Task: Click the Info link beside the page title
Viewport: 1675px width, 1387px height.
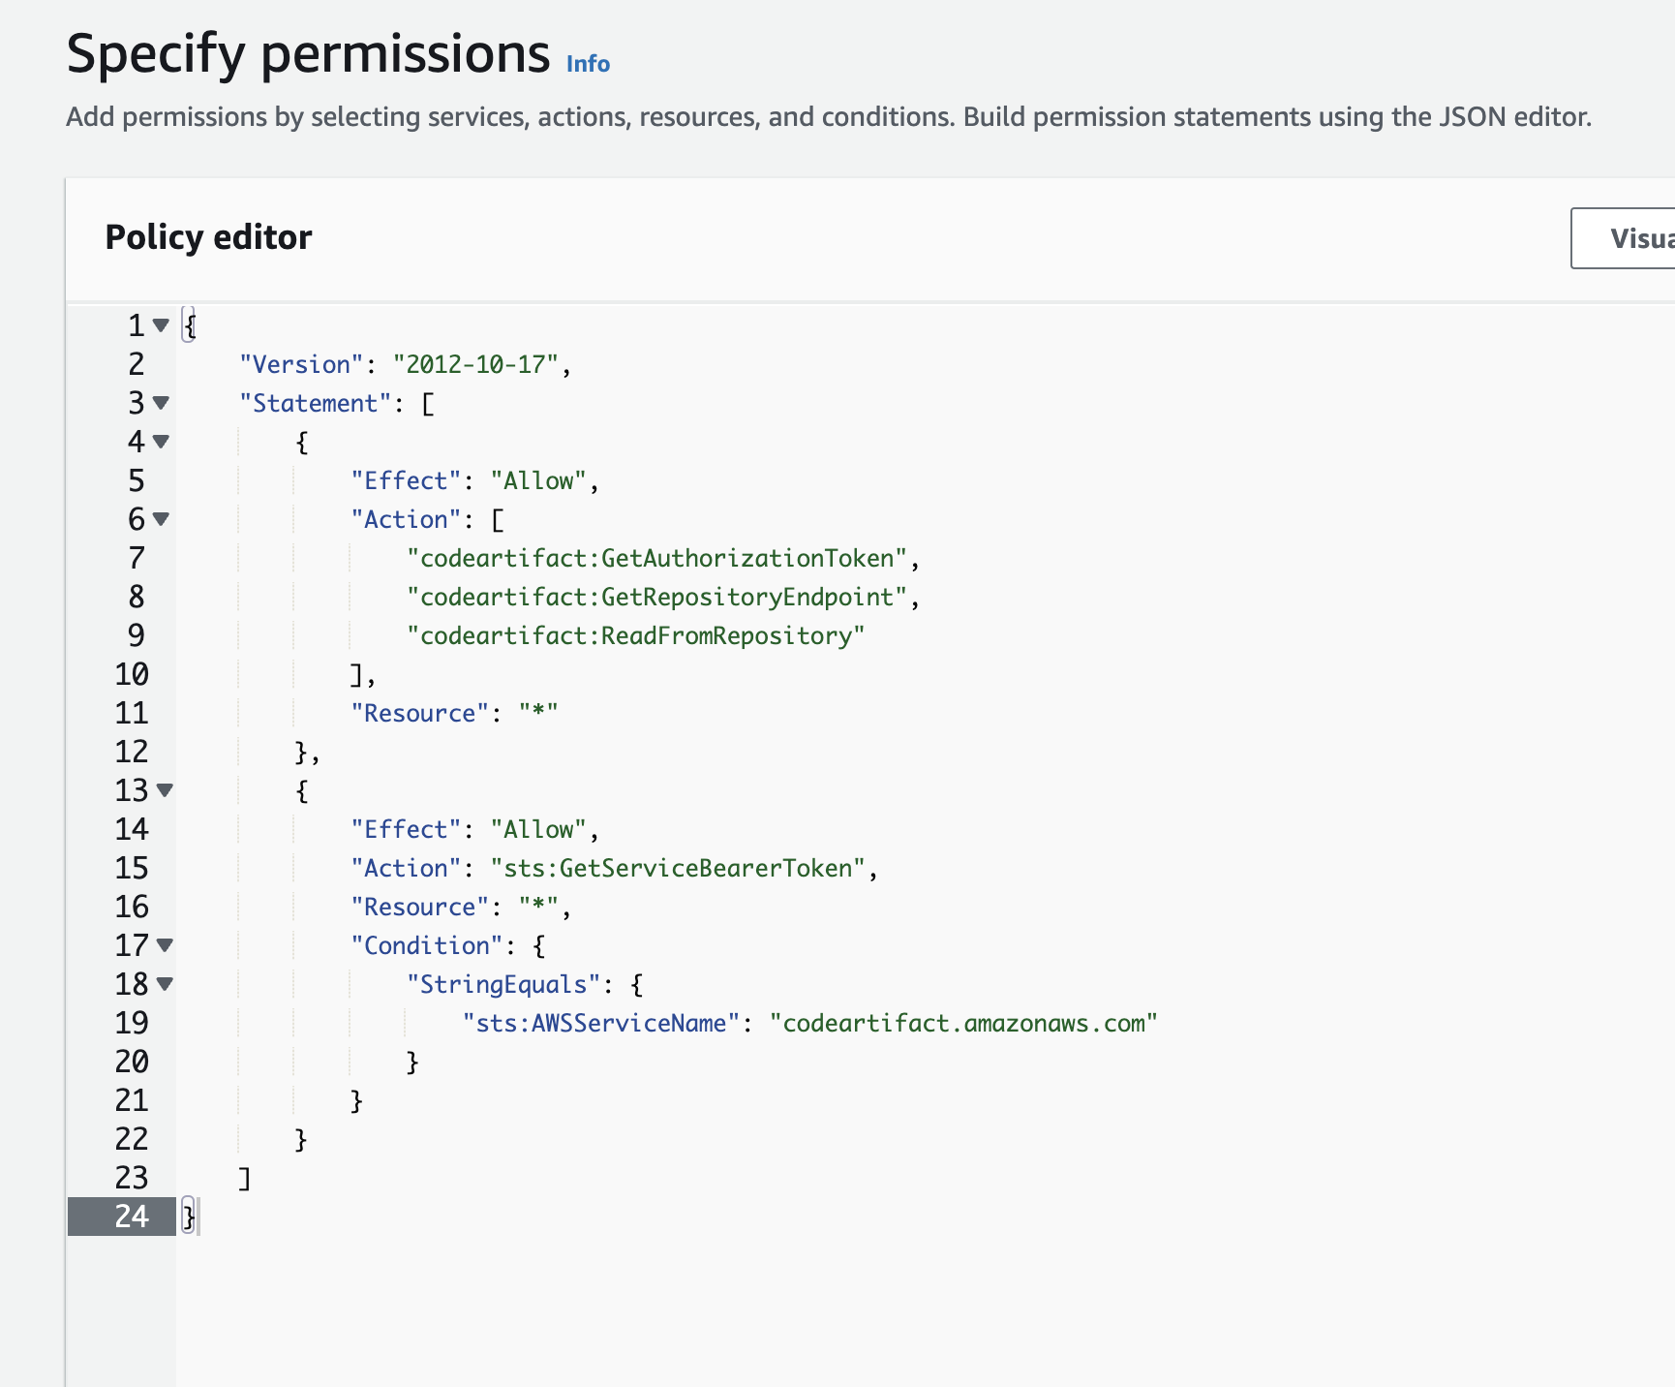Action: click(x=588, y=64)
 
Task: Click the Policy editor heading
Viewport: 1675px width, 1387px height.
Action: click(x=208, y=237)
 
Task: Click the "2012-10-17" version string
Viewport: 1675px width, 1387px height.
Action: click(x=475, y=364)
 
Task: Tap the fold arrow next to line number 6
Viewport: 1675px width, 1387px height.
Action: click(x=162, y=519)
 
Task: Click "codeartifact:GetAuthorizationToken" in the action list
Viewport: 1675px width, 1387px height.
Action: click(x=657, y=558)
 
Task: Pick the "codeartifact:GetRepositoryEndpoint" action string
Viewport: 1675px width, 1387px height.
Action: click(x=657, y=597)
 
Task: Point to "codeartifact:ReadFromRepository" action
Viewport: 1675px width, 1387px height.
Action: click(x=635, y=635)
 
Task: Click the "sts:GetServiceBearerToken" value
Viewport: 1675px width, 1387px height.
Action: click(x=678, y=868)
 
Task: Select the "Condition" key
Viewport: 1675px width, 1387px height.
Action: click(x=426, y=945)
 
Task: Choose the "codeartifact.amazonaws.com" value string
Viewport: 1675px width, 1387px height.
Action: click(x=963, y=1023)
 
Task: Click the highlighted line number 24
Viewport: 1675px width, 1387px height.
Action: click(x=132, y=1217)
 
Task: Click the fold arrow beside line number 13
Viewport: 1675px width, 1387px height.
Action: click(x=166, y=790)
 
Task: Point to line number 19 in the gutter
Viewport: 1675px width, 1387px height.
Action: click(x=132, y=1023)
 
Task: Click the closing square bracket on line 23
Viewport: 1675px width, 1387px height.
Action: click(x=245, y=1178)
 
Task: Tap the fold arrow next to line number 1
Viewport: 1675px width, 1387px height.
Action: click(x=162, y=325)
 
